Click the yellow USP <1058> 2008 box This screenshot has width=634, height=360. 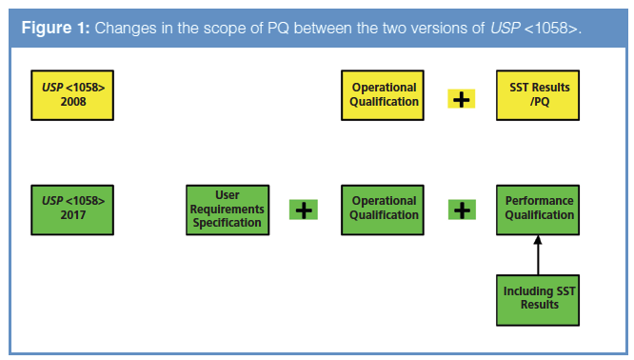pyautogui.click(x=72, y=95)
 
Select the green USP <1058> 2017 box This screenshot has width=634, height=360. pyautogui.click(x=72, y=210)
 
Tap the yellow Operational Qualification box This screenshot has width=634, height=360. pyautogui.click(x=383, y=95)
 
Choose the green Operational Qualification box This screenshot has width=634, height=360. pyautogui.click(x=383, y=210)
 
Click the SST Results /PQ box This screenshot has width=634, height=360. pyautogui.click(x=538, y=95)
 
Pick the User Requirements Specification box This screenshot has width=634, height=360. pyautogui.click(x=228, y=210)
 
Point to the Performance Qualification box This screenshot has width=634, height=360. pyautogui.click(x=538, y=210)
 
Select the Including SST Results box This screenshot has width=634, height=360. pyautogui.click(x=538, y=300)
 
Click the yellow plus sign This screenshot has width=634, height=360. pyautogui.click(x=462, y=99)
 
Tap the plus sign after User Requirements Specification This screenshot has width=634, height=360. pyautogui.click(x=304, y=210)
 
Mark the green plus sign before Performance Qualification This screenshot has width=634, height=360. pyautogui.click(x=462, y=210)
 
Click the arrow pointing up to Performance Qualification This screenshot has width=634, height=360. pyautogui.click(x=538, y=255)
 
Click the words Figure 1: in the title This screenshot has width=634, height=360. pyautogui.click(x=55, y=29)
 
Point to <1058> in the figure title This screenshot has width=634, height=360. pyautogui.click(x=552, y=29)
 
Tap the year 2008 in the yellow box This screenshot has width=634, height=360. pyautogui.click(x=73, y=102)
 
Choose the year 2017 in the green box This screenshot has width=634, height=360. pyautogui.click(x=73, y=215)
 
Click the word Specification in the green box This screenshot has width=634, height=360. pyautogui.click(x=227, y=223)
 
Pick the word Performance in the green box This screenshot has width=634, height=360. pyautogui.click(x=540, y=201)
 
